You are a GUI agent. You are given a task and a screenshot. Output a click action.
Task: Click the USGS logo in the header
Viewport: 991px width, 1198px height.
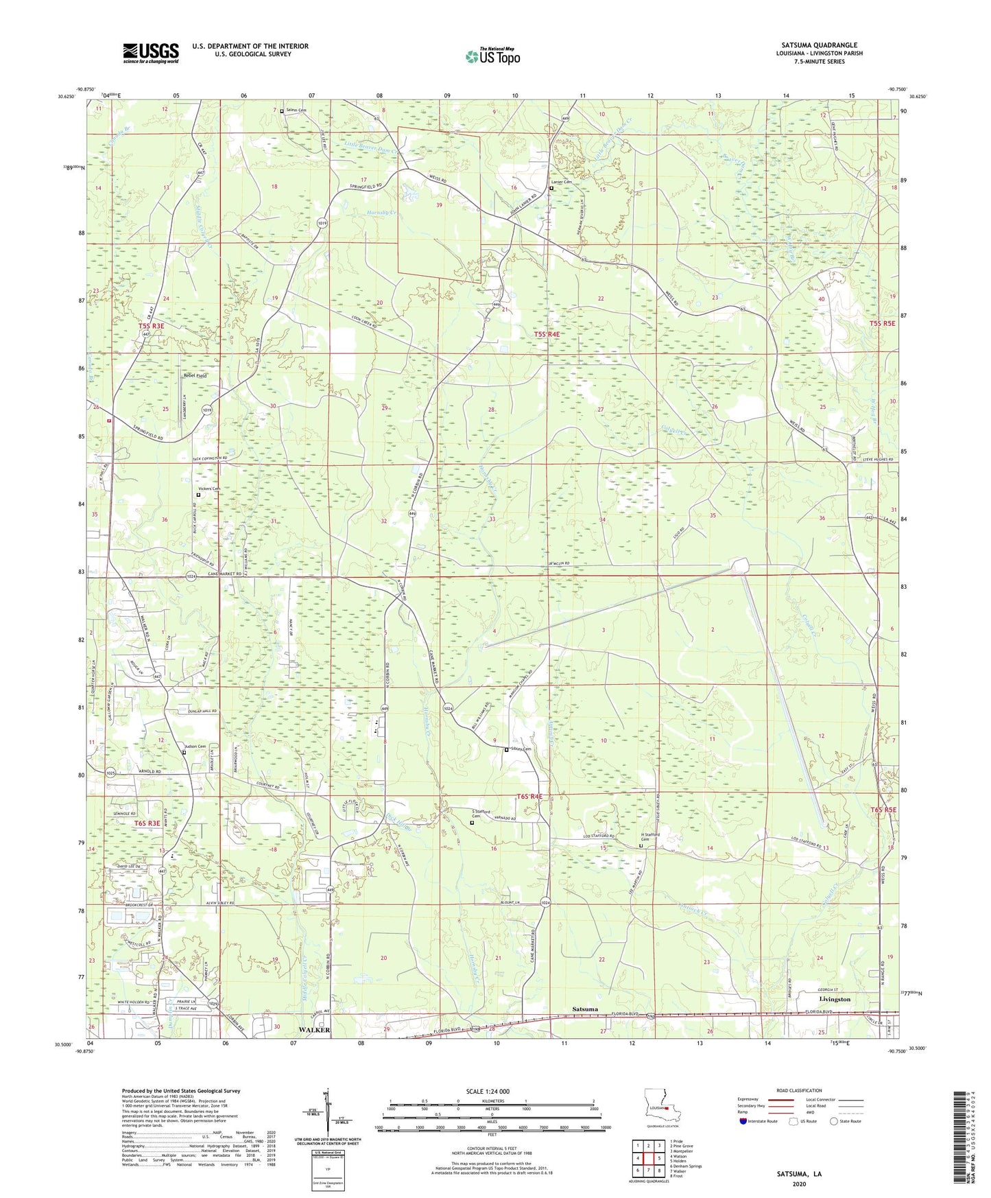tap(151, 53)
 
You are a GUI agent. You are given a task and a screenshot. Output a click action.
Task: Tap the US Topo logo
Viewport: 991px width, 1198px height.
tap(492, 56)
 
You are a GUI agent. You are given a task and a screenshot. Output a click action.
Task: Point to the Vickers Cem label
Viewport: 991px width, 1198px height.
tap(211, 489)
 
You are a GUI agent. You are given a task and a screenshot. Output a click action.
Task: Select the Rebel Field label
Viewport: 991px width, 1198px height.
tap(195, 376)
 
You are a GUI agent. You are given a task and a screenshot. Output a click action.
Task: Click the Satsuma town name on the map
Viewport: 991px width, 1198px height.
tap(585, 1009)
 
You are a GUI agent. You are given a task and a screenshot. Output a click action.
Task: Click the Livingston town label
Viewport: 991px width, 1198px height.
tap(835, 1000)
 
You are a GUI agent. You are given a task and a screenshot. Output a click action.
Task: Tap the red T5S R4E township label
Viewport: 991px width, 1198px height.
tap(547, 334)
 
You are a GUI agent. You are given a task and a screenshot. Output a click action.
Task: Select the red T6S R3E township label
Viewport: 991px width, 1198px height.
tap(147, 823)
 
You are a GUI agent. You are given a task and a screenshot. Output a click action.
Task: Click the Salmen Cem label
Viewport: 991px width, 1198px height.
tap(297, 110)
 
